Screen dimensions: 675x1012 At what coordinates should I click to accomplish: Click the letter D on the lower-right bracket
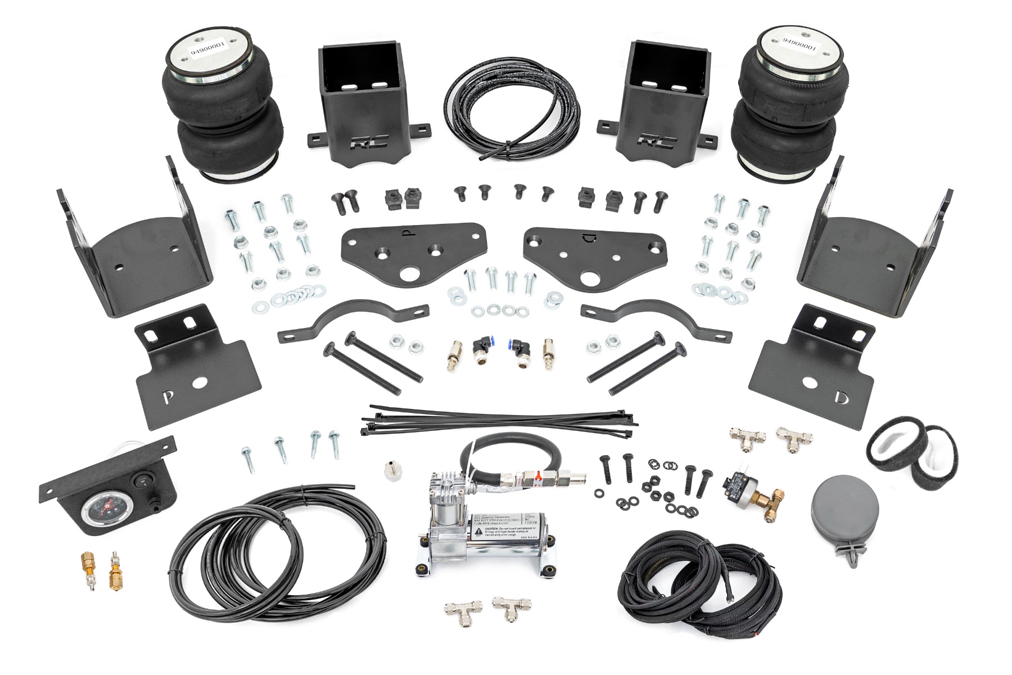[841, 398]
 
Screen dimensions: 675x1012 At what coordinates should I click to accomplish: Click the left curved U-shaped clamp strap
[353, 323]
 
